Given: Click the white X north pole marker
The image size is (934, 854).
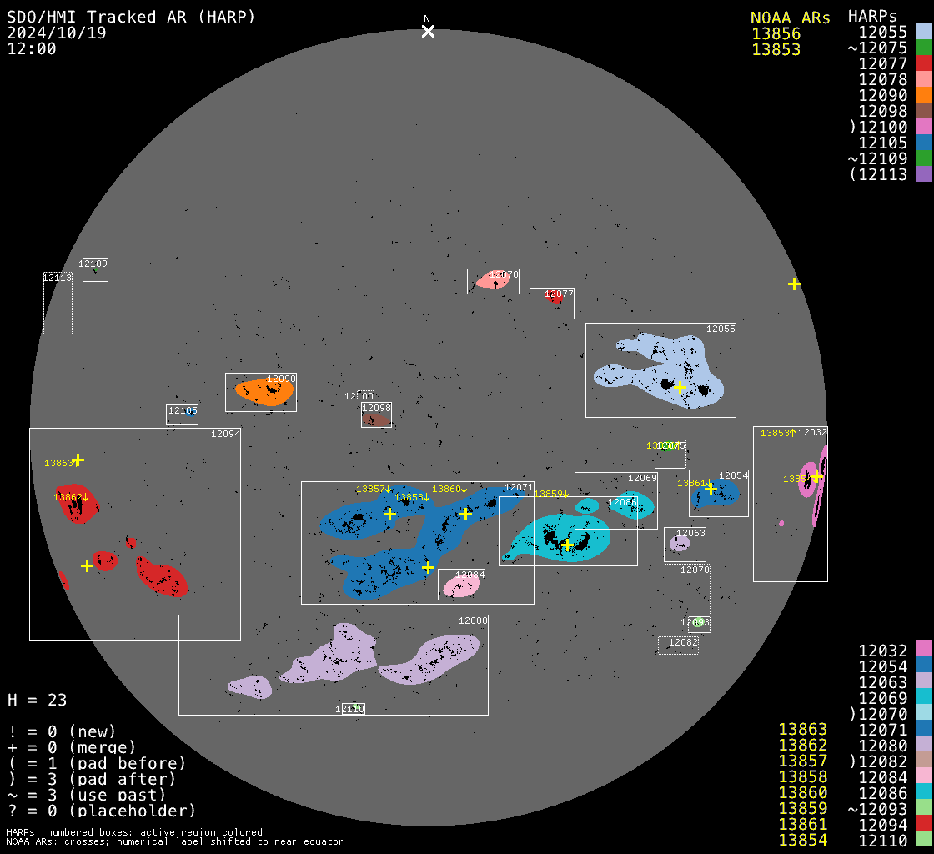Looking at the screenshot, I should click(x=428, y=32).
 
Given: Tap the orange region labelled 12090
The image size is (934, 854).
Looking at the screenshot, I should click(x=263, y=391).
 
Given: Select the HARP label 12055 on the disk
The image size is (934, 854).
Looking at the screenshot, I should click(x=721, y=329).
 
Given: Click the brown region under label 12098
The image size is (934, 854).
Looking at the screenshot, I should click(x=377, y=419).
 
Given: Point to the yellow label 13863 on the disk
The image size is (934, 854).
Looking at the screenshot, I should click(x=58, y=463).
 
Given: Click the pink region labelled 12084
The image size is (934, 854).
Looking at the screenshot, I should click(x=461, y=585).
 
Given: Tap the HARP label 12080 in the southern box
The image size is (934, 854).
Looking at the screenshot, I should click(x=473, y=620).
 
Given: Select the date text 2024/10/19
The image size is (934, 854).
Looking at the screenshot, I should click(x=61, y=33).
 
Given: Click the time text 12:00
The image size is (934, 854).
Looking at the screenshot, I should click(x=32, y=48).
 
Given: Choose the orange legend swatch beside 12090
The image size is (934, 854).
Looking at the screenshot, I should click(x=923, y=95).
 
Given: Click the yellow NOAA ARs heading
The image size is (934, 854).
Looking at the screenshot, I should click(x=790, y=18).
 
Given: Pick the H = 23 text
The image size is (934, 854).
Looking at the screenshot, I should click(x=37, y=700).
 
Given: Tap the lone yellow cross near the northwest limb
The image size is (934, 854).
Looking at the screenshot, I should click(x=794, y=284).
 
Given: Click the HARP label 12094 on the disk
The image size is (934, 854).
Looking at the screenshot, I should click(x=225, y=434).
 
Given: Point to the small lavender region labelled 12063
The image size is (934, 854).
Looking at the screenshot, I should click(x=680, y=544).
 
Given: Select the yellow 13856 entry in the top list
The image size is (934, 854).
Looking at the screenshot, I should click(x=776, y=34).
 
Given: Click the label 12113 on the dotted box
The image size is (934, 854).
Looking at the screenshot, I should click(x=58, y=278).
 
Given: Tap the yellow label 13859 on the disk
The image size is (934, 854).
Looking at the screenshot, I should click(x=550, y=494).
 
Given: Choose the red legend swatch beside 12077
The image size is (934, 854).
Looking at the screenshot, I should click(x=923, y=63).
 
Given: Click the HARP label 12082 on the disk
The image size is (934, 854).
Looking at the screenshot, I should click(x=683, y=642).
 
